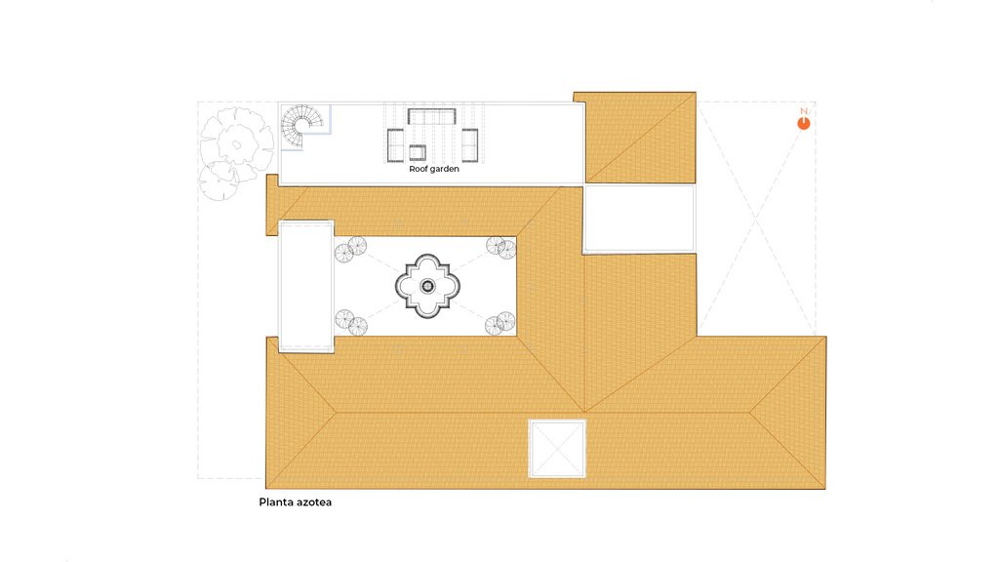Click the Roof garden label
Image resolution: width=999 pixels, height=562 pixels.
[x=434, y=169]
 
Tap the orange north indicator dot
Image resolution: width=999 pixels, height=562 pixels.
[x=804, y=124]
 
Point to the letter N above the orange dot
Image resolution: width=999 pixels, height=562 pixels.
[x=804, y=111]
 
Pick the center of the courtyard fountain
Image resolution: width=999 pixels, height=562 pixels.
[x=427, y=286]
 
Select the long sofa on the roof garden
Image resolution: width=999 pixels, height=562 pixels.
[x=432, y=117]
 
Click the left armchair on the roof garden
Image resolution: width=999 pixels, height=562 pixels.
[x=396, y=144]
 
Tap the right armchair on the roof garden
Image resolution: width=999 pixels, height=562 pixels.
[x=469, y=144]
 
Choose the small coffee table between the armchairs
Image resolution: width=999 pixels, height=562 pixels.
[x=418, y=152]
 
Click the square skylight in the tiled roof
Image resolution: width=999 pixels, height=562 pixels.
[x=557, y=448]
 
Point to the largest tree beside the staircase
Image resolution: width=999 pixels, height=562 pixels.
[x=236, y=142]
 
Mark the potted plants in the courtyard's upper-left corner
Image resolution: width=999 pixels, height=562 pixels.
[x=350, y=249]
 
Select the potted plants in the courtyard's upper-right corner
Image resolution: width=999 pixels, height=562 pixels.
[x=500, y=247]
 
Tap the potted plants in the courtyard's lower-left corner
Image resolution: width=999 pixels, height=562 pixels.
[x=351, y=322]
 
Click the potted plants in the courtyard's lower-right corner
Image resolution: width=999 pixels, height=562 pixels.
[x=500, y=323]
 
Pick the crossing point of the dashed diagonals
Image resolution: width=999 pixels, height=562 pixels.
[x=756, y=220]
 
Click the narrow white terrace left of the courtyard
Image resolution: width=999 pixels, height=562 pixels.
[x=306, y=286]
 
